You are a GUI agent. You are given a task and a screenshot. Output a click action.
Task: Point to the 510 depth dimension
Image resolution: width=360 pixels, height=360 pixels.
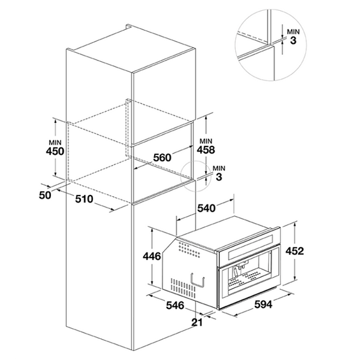tap(84, 199)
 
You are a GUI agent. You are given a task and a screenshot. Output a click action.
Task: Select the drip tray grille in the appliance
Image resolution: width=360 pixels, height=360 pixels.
tap(248, 280)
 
